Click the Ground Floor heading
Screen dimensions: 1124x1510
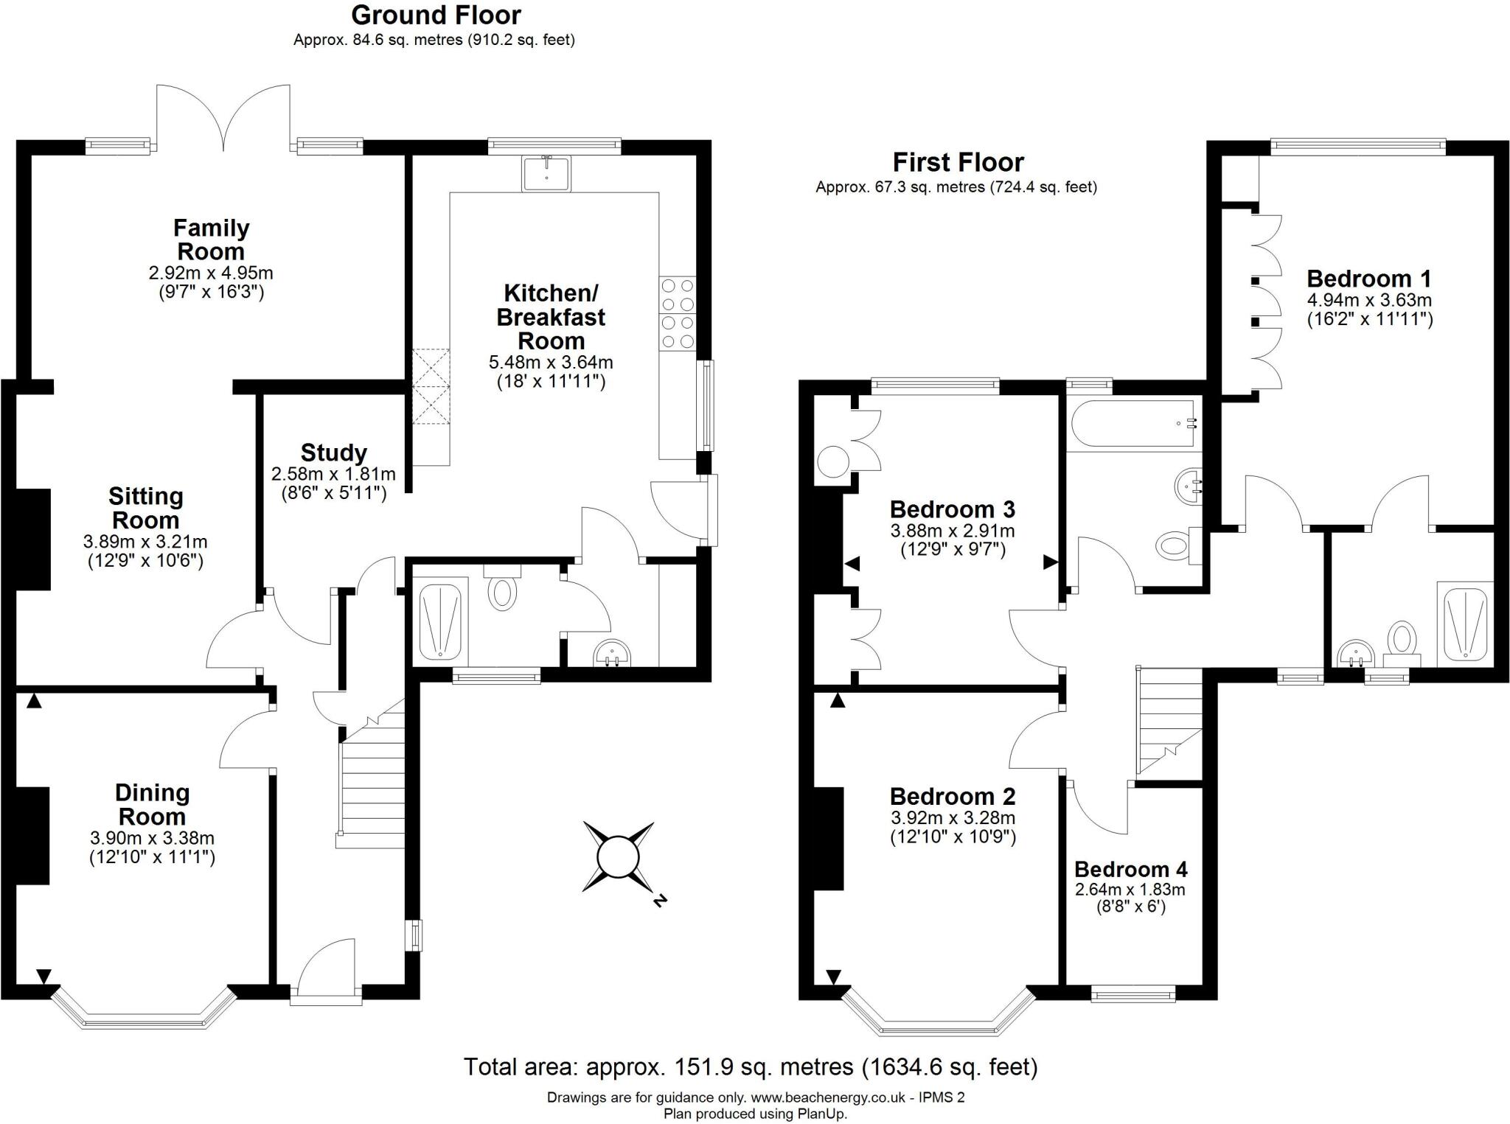(x=436, y=15)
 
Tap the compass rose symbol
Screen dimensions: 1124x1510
(x=618, y=857)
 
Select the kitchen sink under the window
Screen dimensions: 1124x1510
(x=546, y=174)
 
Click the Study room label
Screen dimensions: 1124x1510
(x=333, y=453)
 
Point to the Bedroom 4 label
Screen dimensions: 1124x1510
(x=1130, y=870)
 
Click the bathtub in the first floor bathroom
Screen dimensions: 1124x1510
(x=1133, y=424)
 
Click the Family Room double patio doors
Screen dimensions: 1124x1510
(x=223, y=118)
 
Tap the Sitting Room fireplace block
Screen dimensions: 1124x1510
(x=33, y=540)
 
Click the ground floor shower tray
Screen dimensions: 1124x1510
(x=440, y=620)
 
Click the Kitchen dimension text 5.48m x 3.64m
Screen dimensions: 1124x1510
(x=550, y=363)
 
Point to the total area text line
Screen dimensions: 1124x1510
(x=750, y=1066)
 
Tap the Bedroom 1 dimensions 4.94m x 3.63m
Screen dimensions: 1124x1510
(x=1369, y=300)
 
